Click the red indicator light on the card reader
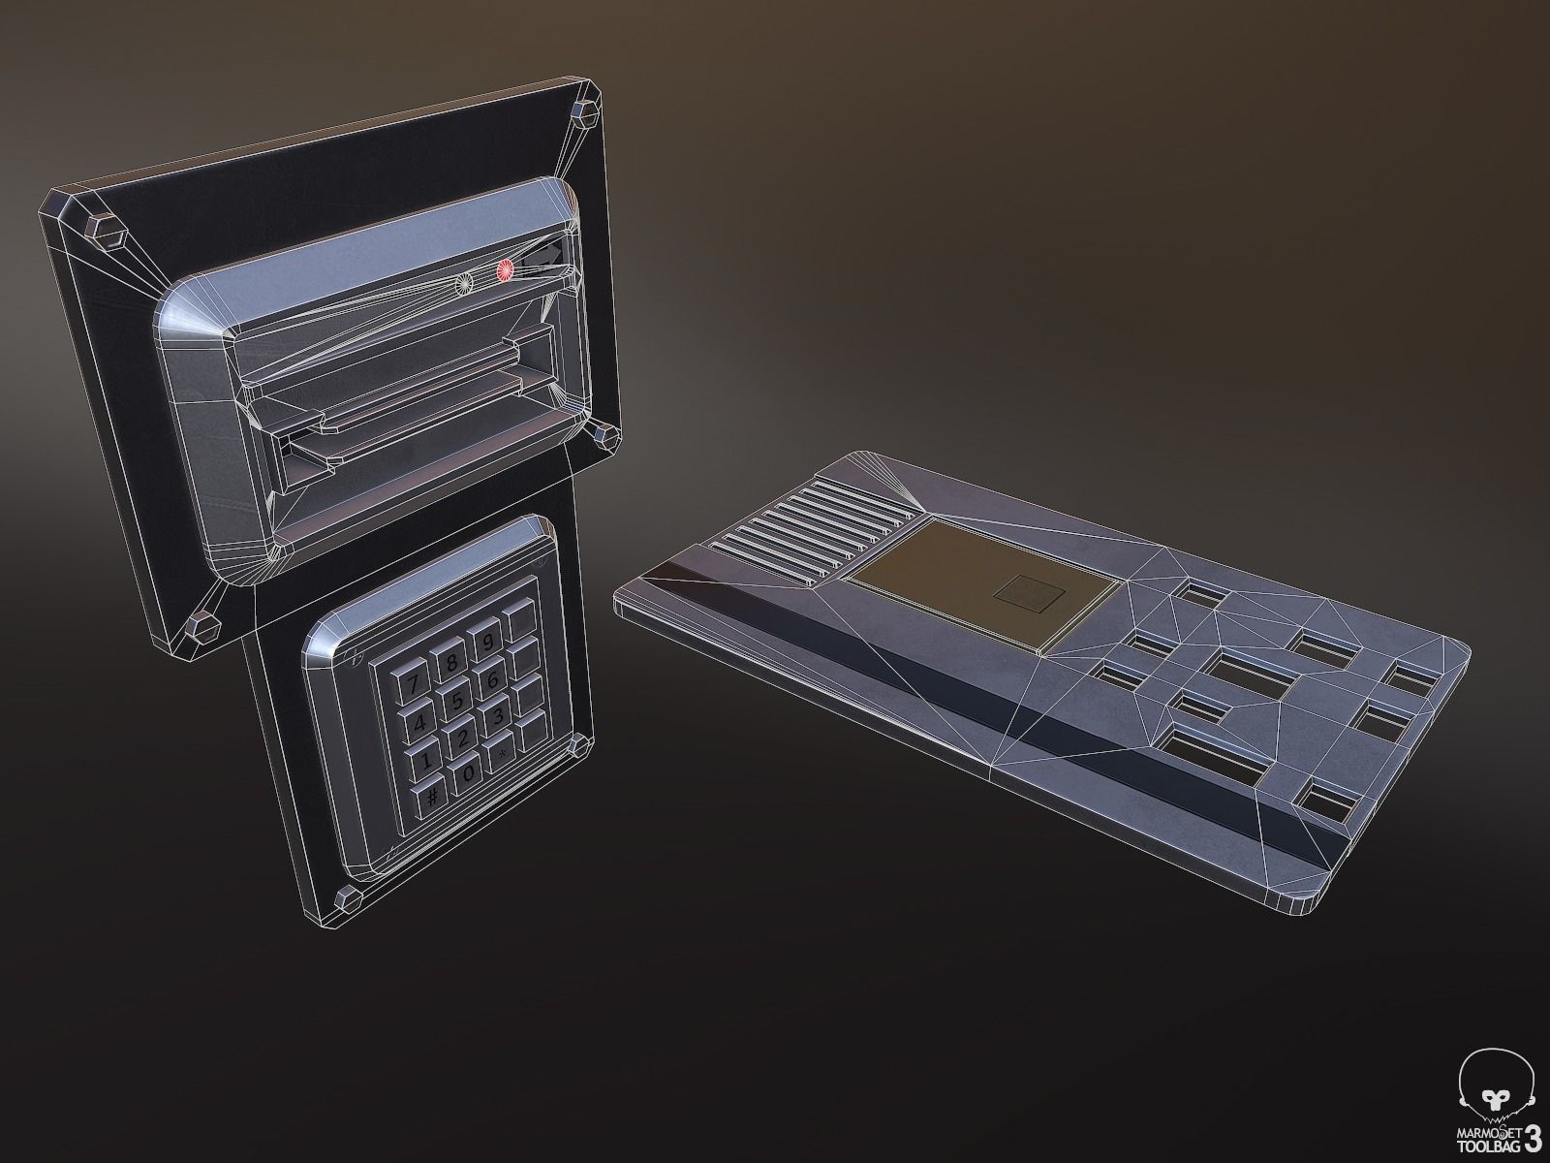tap(504, 272)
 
